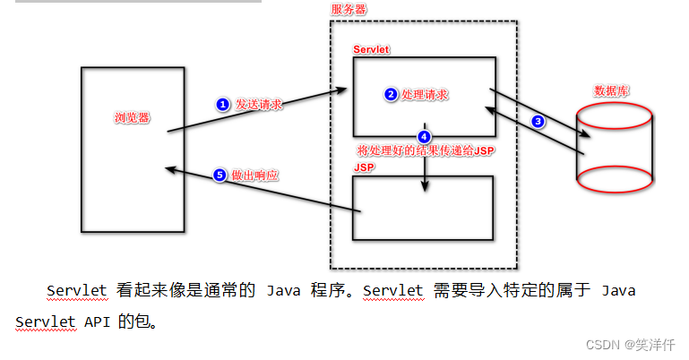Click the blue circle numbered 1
(223, 104)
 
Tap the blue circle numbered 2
(390, 93)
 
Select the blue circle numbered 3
(538, 122)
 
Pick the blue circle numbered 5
(220, 176)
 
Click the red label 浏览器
(132, 117)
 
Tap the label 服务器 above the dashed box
(349, 9)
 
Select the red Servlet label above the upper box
(371, 47)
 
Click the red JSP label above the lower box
(363, 167)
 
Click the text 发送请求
(259, 104)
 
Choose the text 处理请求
(426, 93)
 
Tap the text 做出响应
(254, 176)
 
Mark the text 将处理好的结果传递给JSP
(426, 150)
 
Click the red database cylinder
(612, 148)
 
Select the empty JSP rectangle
(423, 208)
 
